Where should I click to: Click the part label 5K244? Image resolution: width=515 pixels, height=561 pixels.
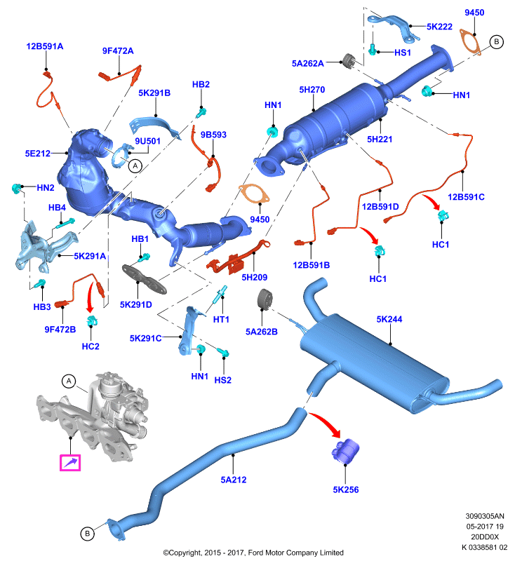point(389,319)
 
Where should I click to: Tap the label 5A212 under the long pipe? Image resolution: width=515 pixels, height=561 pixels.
point(234,480)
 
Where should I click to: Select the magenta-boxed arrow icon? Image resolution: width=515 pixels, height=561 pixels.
point(70,463)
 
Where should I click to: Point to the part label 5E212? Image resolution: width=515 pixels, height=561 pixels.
point(38,154)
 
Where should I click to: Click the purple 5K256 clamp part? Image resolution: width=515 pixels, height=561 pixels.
point(345,450)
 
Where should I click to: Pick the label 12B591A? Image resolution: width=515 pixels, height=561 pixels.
point(45,46)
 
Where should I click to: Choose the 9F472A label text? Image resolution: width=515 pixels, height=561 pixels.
point(118,50)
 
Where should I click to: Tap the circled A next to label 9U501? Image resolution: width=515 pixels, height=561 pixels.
point(135,166)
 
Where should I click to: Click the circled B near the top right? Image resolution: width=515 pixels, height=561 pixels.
point(496,42)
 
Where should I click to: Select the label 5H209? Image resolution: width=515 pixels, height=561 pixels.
point(255,277)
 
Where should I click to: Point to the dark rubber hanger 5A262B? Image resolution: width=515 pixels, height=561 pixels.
point(265,299)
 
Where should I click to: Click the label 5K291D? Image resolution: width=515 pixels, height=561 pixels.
point(136,304)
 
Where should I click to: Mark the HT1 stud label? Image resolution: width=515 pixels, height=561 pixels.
point(221,319)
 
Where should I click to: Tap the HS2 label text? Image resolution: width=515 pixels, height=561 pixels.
point(223,380)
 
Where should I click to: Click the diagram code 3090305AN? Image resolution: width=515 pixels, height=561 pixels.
point(485,516)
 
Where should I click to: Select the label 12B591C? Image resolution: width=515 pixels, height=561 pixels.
point(466,197)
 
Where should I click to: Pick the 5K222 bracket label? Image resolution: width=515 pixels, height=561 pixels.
point(439,27)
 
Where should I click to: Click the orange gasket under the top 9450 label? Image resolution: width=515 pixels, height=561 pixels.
point(470,43)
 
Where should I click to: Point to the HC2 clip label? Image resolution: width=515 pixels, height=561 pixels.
point(91,346)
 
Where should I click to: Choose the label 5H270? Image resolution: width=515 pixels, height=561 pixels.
point(312,90)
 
